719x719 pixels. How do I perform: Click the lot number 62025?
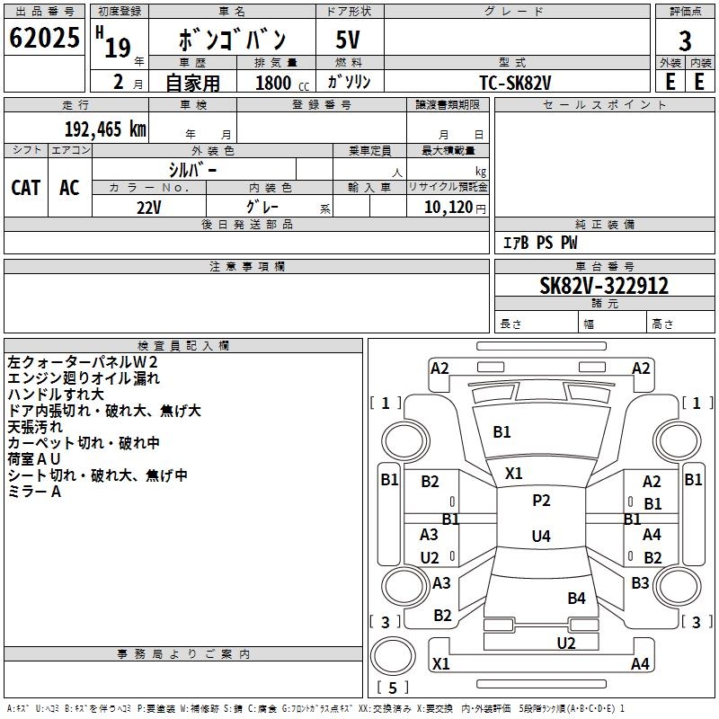click(44, 38)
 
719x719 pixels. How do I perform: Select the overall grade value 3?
click(685, 40)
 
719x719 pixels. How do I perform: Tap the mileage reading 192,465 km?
click(105, 129)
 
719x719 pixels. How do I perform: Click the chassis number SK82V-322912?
click(604, 286)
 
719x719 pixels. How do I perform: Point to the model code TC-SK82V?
click(515, 83)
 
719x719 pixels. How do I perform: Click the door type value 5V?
click(348, 40)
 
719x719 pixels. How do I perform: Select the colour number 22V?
click(149, 208)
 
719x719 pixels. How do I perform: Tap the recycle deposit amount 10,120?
click(448, 207)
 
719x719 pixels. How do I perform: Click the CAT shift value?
click(26, 188)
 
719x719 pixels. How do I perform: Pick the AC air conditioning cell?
click(70, 188)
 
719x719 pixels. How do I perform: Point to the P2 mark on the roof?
click(541, 501)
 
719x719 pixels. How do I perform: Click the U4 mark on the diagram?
click(541, 536)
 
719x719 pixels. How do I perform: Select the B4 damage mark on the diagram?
click(576, 598)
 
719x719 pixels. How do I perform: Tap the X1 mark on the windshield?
click(513, 474)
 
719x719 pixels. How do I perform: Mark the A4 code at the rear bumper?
click(640, 663)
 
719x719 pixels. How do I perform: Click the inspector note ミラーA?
click(34, 492)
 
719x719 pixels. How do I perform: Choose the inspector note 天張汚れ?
click(35, 427)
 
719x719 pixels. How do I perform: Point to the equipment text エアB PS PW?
click(540, 243)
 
